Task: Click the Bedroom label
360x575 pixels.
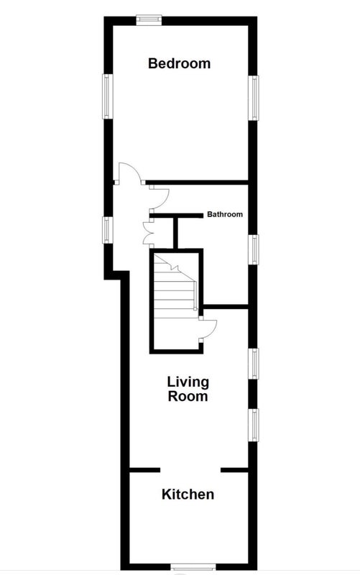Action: point(179,63)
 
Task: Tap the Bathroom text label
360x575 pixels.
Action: point(225,214)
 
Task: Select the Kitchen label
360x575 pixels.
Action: point(188,494)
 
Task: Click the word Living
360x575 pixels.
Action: point(188,382)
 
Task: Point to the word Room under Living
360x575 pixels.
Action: point(188,396)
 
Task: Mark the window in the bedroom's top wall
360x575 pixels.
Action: point(149,20)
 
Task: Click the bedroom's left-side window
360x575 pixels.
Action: point(107,96)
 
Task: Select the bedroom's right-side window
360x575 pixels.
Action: point(254,98)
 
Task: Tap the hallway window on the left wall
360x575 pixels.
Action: point(107,230)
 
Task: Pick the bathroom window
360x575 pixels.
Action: point(254,249)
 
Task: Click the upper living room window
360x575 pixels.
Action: point(254,364)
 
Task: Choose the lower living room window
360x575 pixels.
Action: point(254,425)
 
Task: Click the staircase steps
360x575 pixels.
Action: point(175,286)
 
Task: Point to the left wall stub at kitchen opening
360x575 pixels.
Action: point(145,470)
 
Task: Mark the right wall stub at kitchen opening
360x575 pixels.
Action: point(235,470)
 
